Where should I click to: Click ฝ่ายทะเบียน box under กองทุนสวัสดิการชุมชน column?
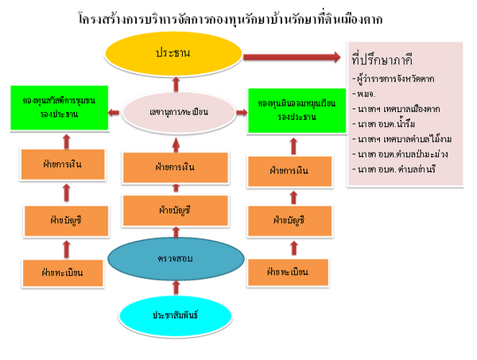coord(63,273)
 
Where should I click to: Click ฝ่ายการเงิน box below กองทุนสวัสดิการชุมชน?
coord(63,168)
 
